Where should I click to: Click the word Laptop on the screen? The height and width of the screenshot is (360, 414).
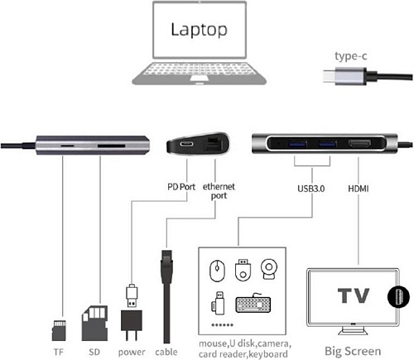coord(199,30)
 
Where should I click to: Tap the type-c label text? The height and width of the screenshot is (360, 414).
coord(351,56)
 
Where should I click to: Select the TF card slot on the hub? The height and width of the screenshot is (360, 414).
coord(67,145)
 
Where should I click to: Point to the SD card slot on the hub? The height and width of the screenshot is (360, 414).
coord(111,146)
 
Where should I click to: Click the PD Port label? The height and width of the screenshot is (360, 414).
coord(181,187)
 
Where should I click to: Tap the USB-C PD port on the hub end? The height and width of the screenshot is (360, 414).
coord(187,144)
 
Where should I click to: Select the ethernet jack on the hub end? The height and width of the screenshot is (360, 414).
coord(213,143)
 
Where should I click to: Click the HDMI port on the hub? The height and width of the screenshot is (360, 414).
coord(359,143)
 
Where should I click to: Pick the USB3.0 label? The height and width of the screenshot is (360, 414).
coord(310,189)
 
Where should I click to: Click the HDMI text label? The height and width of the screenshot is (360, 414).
coord(359,189)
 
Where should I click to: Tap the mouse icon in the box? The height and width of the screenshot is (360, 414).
coord(217,271)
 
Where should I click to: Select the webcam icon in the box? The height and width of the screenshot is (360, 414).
coord(269,269)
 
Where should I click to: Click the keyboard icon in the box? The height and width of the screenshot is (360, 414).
coord(253,304)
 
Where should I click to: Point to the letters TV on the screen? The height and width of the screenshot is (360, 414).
coord(354,295)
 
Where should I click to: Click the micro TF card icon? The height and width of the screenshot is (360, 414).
coord(59,330)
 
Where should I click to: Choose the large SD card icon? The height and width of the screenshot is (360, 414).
coord(94,324)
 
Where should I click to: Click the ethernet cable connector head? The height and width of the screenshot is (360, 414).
coord(166,263)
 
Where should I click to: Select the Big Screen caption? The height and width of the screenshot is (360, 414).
coord(353,351)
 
